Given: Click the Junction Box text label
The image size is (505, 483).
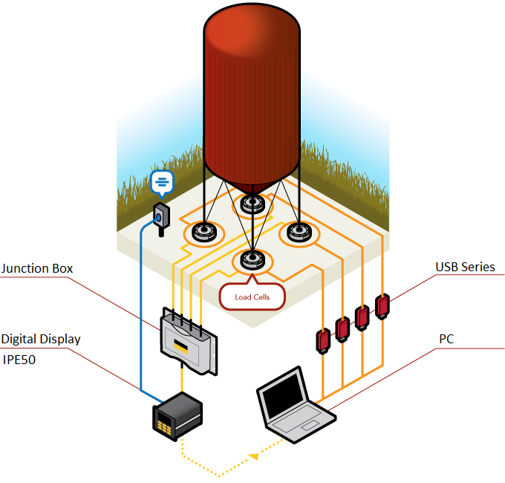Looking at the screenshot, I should click(37, 268).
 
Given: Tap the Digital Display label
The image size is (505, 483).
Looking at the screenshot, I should click(41, 339).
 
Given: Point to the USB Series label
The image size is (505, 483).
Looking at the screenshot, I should click(465, 267).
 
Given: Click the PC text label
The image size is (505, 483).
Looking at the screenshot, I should click(446, 339).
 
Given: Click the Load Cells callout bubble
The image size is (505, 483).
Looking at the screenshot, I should click(252, 296).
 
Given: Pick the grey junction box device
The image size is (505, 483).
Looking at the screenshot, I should click(189, 340).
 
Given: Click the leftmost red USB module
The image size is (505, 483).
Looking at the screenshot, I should click(323, 339).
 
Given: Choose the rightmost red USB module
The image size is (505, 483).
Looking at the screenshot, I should click(382, 305).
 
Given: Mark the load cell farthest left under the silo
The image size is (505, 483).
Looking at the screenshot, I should click(204, 233).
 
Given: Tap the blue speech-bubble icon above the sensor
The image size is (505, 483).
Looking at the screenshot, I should click(163, 181).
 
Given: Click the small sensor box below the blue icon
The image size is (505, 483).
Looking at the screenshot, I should click(160, 215).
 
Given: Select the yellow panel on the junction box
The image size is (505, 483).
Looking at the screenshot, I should click(181, 346).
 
